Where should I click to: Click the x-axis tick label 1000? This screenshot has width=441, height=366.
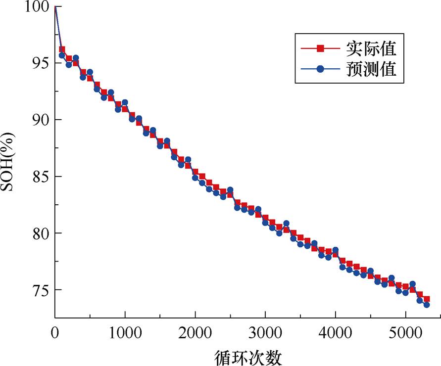tap(125, 330)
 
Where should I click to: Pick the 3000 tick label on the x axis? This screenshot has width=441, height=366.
tap(265, 330)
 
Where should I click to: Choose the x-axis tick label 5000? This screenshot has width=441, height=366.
tap(405, 330)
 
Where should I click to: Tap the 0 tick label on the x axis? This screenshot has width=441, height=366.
tap(55, 330)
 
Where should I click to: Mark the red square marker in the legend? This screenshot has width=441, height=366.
tap(320, 48)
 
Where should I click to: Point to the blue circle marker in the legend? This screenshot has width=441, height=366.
tap(320, 69)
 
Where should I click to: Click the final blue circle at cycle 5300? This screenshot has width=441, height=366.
tap(426, 305)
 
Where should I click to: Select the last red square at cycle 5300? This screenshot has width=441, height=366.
tap(426, 299)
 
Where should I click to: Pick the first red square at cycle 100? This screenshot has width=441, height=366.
tap(62, 49)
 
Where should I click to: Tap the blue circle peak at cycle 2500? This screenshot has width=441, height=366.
tap(230, 189)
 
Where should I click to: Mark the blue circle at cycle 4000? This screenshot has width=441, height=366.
tap(336, 250)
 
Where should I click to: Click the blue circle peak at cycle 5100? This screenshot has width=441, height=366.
tap(412, 284)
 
